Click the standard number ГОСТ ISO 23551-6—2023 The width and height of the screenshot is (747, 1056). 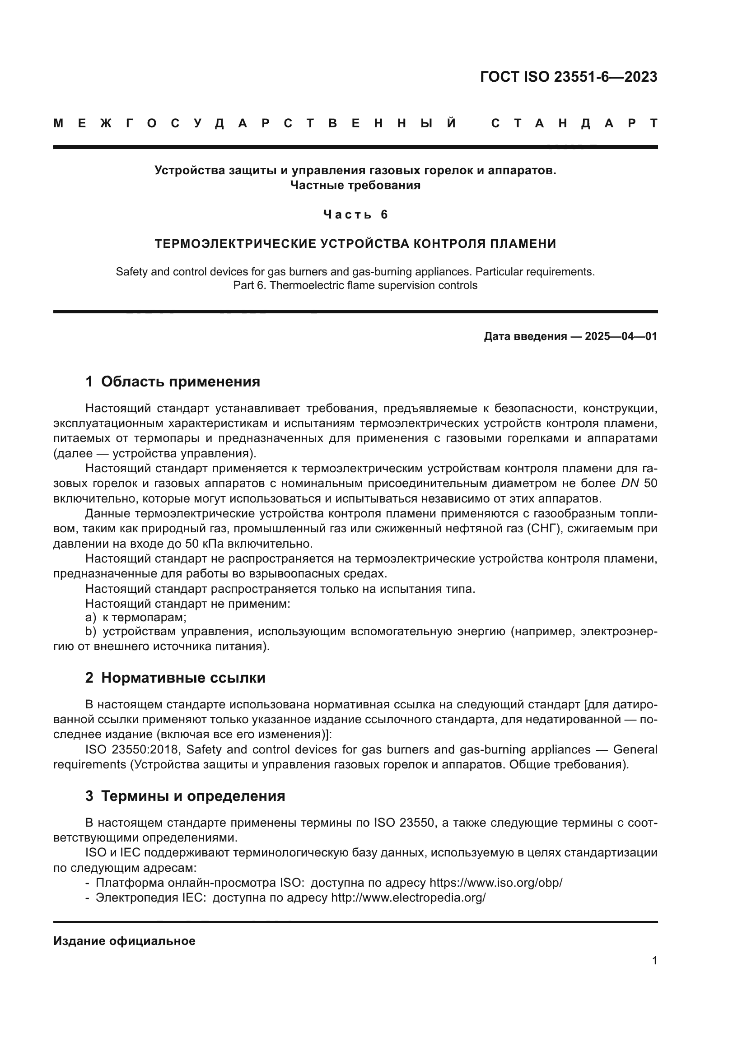coord(569,77)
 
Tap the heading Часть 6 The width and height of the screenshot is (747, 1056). coord(355,214)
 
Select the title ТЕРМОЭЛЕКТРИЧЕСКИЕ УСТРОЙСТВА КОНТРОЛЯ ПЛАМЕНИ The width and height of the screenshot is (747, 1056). coord(355,243)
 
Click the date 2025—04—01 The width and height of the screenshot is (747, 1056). coord(621,336)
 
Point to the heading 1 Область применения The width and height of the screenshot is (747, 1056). coord(173,381)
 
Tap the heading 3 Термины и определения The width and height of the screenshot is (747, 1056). coord(185,796)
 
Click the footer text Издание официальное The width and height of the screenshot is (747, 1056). coord(124,940)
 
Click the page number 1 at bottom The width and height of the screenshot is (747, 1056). coord(654,961)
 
